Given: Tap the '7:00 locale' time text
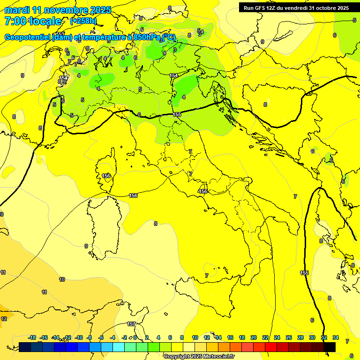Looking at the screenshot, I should pyautogui.click(x=33, y=21).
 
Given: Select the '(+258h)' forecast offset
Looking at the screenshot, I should pyautogui.click(x=83, y=21).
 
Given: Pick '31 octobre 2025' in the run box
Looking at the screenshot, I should pyautogui.click(x=329, y=8).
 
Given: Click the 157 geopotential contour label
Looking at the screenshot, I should pyautogui.click(x=132, y=324).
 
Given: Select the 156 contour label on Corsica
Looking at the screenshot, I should pyautogui.click(x=106, y=176).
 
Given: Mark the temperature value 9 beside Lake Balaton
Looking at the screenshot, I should pyautogui.click(x=262, y=42).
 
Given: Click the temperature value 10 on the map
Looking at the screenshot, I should pyautogui.click(x=62, y=279).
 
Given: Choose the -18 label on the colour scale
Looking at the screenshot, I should pyautogui.click(x=32, y=337).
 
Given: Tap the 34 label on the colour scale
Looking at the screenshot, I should pyautogui.click(x=336, y=337).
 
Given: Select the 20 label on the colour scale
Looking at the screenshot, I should pyautogui.click(x=254, y=337).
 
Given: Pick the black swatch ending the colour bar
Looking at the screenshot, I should pyautogui.click(x=330, y=347).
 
